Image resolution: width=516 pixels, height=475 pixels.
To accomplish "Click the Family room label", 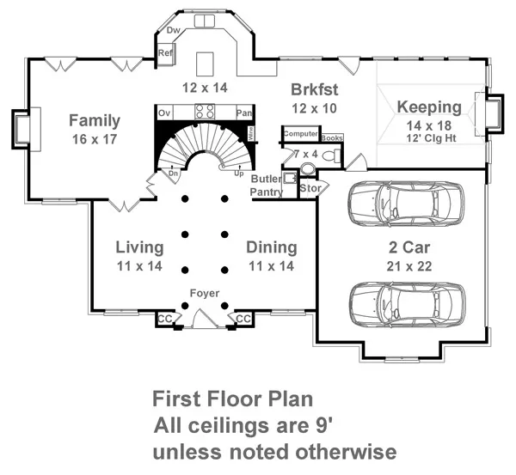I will click(95, 120).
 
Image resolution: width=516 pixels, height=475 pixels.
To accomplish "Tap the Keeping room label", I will click(428, 107).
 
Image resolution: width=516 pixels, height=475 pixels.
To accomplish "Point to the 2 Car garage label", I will click(402, 248).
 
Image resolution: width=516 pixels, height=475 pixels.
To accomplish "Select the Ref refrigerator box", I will click(165, 53).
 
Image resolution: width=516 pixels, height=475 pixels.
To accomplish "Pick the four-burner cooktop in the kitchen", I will click(205, 111).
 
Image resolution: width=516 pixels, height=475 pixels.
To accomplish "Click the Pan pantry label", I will click(244, 113).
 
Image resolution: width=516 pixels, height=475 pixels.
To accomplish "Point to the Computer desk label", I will click(301, 134).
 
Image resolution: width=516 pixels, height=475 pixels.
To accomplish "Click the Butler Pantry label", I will click(266, 185).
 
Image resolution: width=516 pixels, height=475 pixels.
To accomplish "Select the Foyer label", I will click(205, 294).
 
